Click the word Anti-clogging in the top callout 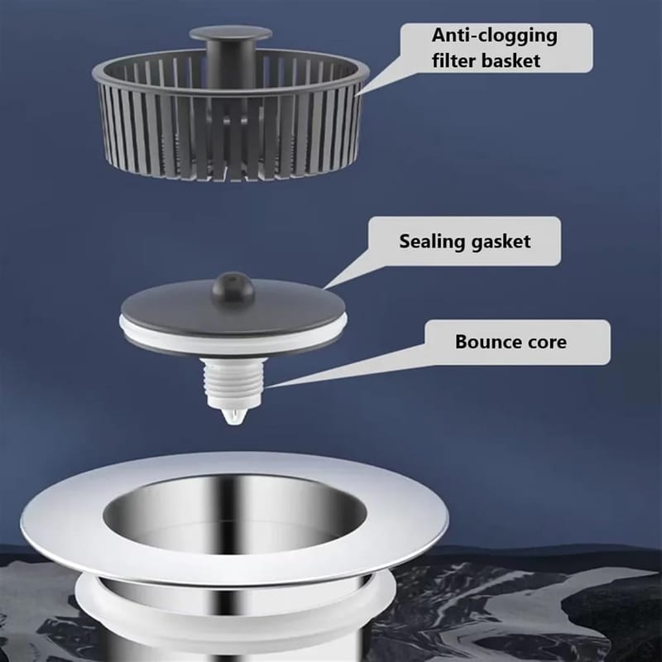coord(494,36)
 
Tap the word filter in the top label coord(453,60)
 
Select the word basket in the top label coord(511,60)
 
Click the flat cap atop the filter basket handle coord(231,33)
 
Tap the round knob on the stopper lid coord(233,285)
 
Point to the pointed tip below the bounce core coord(234,417)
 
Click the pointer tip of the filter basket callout coord(356,95)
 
